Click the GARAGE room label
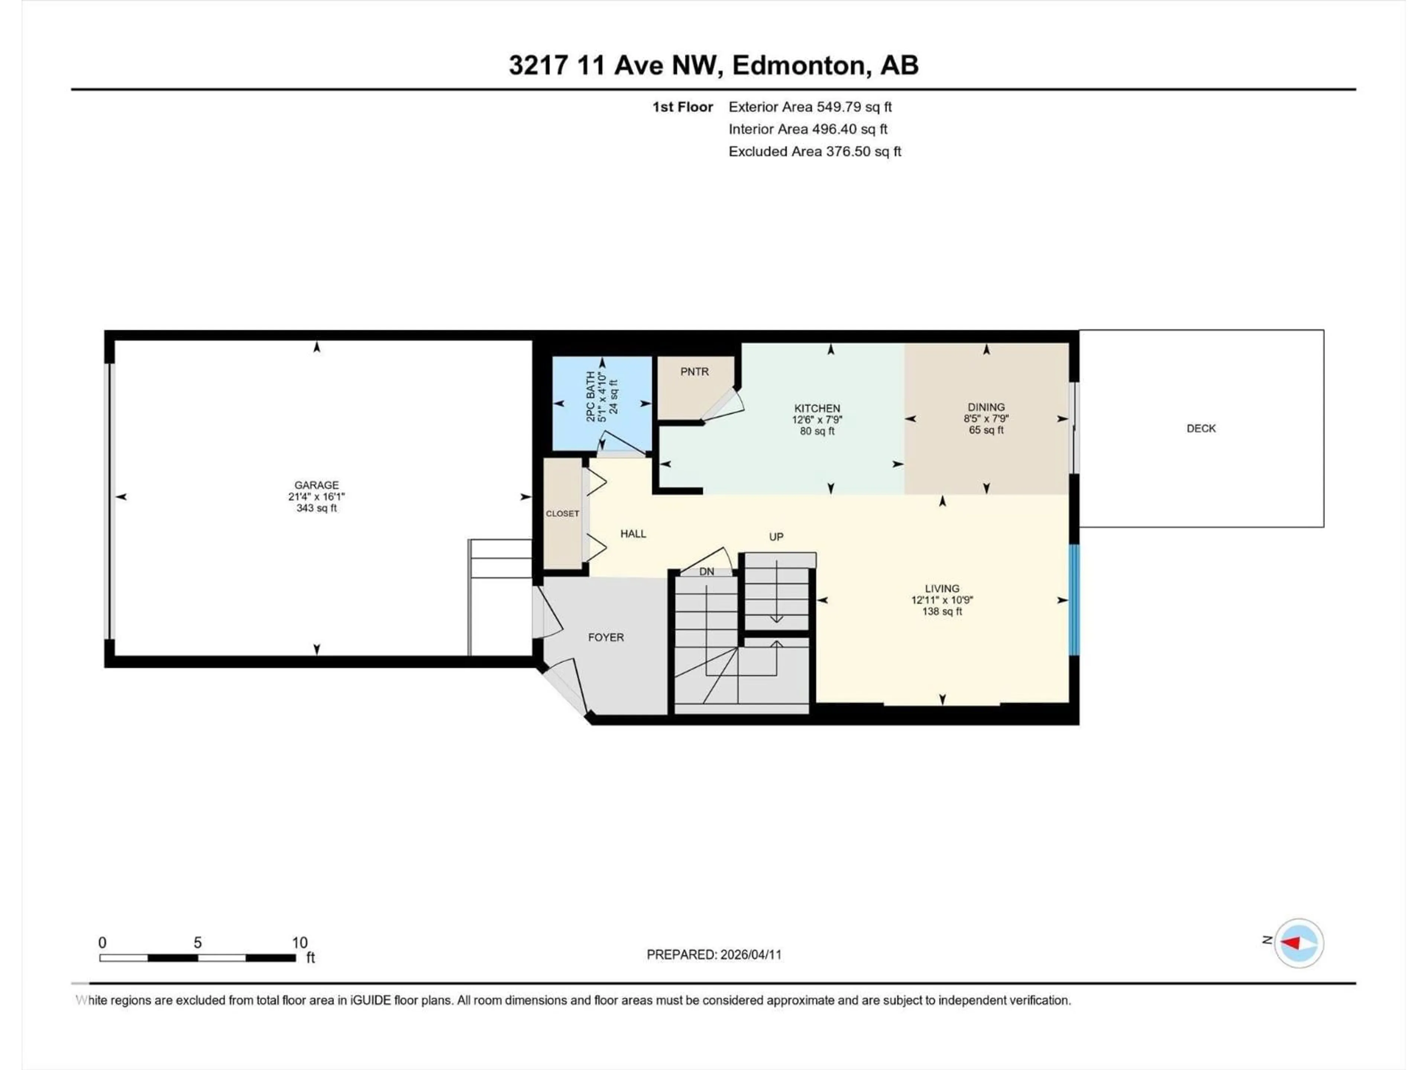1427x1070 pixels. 316,485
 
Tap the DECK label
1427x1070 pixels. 1201,428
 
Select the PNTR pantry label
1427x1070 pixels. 694,372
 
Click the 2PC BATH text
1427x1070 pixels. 590,397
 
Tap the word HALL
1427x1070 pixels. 633,534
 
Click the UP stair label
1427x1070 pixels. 776,536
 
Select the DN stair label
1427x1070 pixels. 706,571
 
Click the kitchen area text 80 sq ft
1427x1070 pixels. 817,431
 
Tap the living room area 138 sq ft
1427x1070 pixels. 942,612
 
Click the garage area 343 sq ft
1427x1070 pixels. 316,508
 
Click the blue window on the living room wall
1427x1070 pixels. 1074,600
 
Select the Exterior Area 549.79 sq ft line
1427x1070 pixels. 810,107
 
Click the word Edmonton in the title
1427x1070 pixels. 798,65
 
